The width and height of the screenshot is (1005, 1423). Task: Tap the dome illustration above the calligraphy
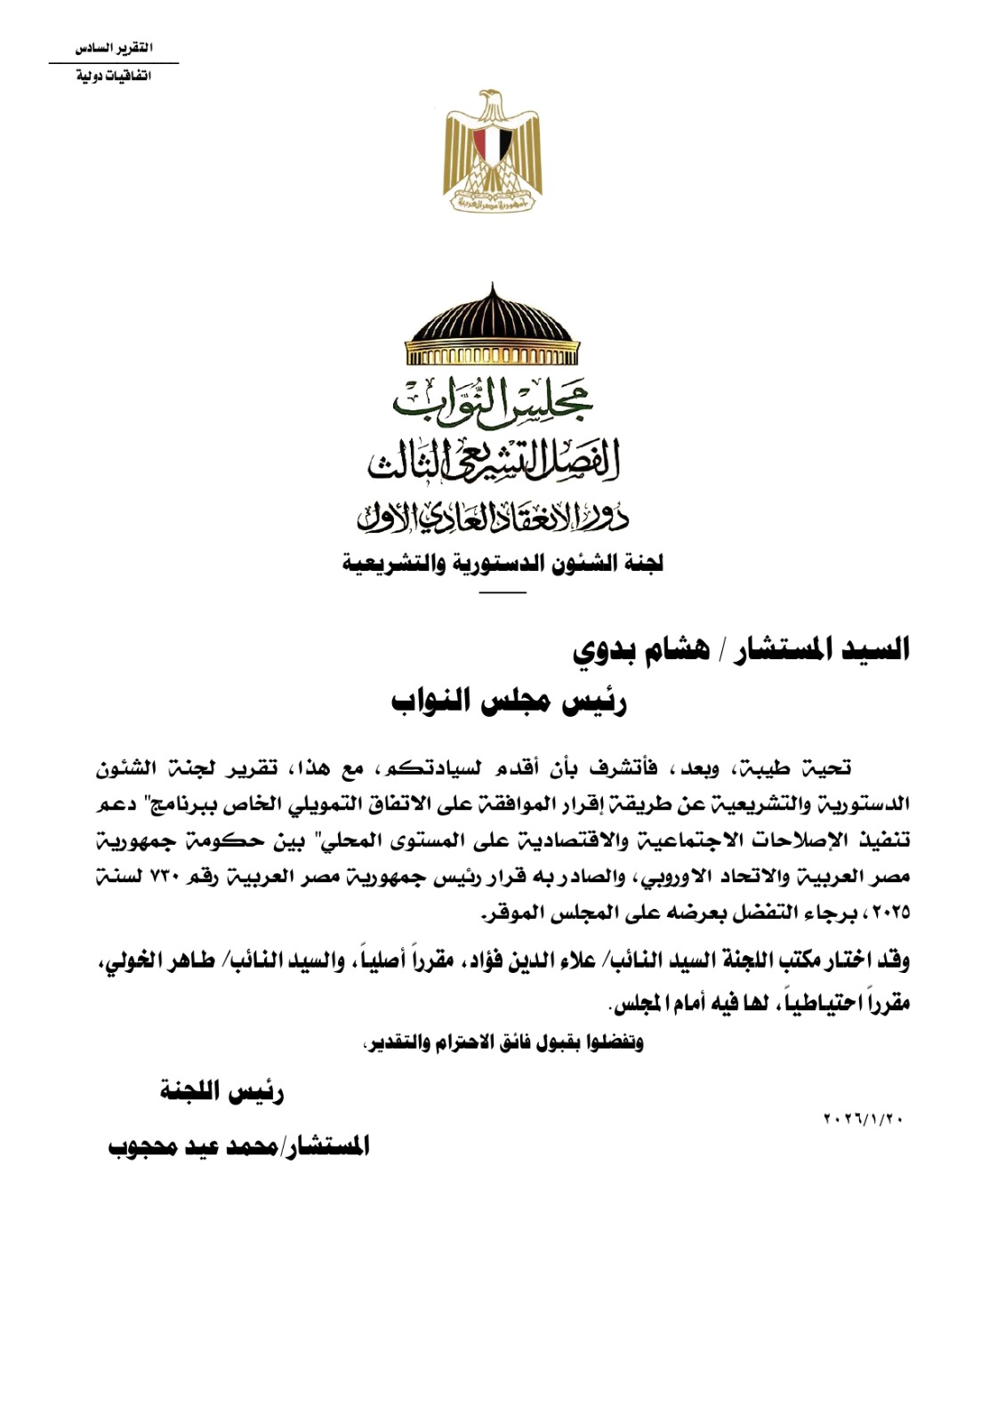coord(492,328)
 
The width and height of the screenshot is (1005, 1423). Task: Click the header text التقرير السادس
coord(114,48)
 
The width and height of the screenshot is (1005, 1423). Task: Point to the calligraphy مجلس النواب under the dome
coord(493,400)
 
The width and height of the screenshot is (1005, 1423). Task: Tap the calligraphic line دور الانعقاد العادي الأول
coord(493,515)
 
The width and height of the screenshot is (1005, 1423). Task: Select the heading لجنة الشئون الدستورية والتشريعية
coord(502,564)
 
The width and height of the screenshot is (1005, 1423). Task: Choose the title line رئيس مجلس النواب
coord(510,702)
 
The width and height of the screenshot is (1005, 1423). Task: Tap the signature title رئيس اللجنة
coord(221,1091)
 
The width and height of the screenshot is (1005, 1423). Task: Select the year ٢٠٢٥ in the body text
coord(889,912)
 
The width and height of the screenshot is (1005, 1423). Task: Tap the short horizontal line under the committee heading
coord(502,591)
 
